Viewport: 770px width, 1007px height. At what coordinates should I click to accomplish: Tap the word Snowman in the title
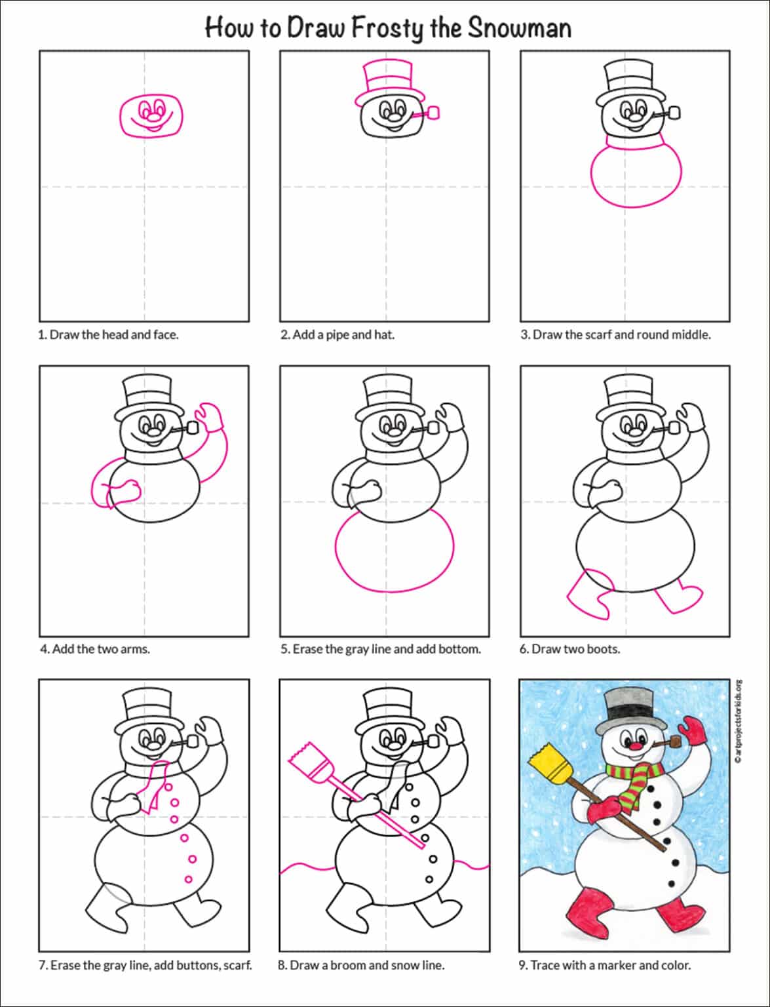[519, 28]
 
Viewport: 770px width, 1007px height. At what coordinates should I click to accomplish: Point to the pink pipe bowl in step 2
[433, 113]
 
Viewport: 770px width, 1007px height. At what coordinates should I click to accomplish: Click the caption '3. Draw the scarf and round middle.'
[615, 334]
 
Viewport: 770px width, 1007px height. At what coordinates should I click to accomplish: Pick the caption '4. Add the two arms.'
[95, 649]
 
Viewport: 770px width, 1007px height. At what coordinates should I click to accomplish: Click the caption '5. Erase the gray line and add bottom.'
[381, 649]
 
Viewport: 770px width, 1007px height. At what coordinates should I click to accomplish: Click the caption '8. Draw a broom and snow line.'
[361, 965]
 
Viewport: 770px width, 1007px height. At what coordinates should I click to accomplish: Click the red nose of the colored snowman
[634, 745]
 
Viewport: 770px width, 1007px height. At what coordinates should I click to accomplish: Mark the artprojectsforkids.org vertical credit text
[739, 722]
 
